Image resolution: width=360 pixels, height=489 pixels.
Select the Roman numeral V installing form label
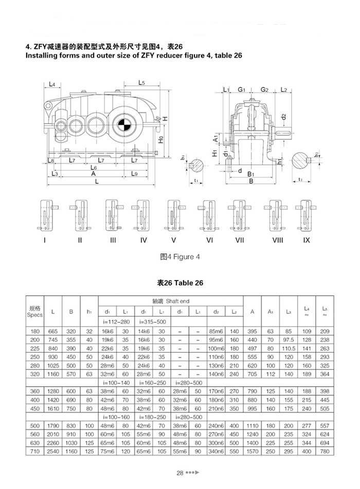point(174,240)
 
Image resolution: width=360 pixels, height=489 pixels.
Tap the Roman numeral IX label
point(307,240)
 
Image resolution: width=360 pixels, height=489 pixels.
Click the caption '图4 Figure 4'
point(179,257)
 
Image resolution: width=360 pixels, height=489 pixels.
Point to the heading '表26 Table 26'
point(180,283)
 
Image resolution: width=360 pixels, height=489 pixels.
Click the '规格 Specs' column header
point(34,311)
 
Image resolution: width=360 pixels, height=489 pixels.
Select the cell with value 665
point(53,330)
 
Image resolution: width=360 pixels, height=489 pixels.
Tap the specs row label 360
point(34,391)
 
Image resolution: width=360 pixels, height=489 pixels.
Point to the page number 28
point(180,473)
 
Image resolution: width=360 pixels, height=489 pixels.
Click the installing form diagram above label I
point(46,215)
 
